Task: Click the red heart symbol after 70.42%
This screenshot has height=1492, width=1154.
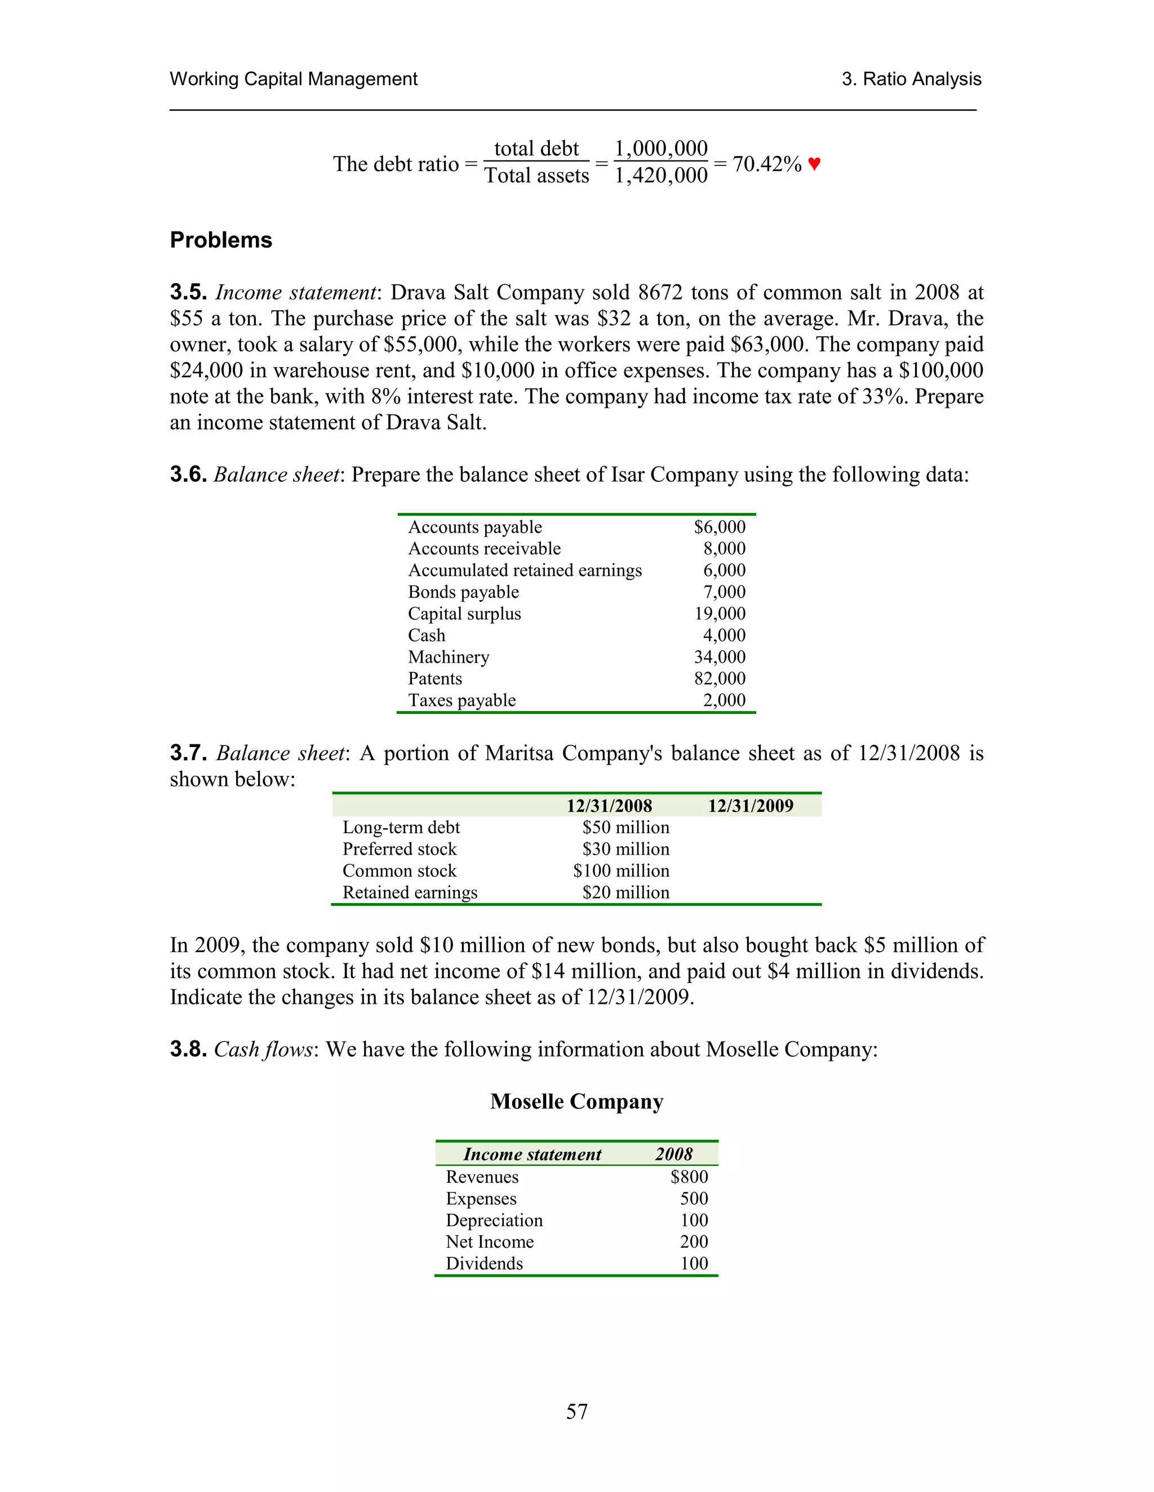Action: click(814, 164)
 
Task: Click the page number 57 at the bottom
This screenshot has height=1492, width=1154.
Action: click(576, 1411)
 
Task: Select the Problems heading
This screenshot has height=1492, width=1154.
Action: click(221, 240)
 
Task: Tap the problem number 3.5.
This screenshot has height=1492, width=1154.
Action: click(188, 292)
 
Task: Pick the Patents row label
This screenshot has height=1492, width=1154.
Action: click(435, 678)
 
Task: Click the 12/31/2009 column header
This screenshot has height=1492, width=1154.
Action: click(750, 806)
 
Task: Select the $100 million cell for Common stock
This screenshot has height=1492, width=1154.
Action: click(621, 871)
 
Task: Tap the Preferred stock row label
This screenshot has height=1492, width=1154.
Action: click(400, 849)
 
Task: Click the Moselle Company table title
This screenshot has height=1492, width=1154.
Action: click(576, 1101)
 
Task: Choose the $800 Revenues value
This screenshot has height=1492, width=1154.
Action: click(689, 1177)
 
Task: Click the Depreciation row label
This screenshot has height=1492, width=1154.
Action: click(494, 1220)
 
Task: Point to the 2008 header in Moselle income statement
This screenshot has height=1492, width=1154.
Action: click(673, 1155)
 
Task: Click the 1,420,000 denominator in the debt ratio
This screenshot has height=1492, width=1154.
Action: click(660, 176)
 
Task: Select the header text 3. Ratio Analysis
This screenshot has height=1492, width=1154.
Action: click(911, 79)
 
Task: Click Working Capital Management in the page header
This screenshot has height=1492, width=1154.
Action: click(293, 79)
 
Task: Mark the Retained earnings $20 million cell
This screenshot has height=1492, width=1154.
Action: click(625, 893)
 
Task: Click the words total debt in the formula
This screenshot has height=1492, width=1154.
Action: click(536, 149)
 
